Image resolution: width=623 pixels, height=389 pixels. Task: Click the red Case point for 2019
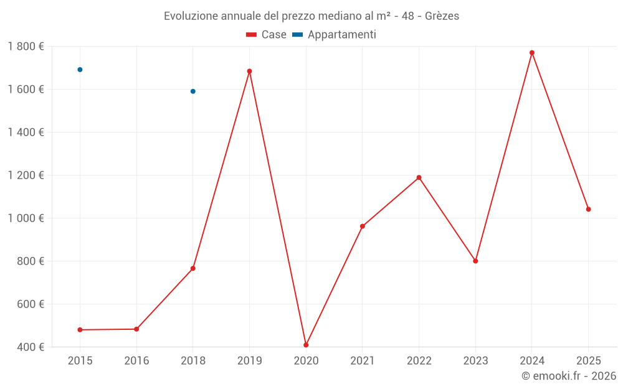(249, 71)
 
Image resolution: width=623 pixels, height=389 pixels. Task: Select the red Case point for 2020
(306, 345)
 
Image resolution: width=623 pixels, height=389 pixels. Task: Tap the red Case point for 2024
(532, 53)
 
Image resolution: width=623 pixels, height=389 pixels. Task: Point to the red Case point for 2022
(419, 177)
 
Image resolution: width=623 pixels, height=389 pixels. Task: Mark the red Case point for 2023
(475, 261)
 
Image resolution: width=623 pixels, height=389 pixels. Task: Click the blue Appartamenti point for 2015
(80, 70)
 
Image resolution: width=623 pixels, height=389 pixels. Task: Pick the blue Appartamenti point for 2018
(193, 91)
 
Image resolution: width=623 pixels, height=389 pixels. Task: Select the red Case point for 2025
(588, 209)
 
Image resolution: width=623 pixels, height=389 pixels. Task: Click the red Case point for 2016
(136, 329)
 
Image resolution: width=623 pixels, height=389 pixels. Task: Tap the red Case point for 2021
(363, 226)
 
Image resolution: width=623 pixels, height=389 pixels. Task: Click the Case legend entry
(267, 35)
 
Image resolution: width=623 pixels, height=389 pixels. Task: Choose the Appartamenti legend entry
(335, 35)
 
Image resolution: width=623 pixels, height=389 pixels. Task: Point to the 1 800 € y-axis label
(26, 47)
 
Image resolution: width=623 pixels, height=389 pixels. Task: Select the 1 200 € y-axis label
(26, 176)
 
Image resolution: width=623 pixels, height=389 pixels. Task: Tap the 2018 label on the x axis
(193, 360)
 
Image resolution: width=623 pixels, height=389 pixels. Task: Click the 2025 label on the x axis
(588, 360)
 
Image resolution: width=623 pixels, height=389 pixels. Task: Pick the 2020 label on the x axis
(306, 360)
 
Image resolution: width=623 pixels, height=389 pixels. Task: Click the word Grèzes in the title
(442, 16)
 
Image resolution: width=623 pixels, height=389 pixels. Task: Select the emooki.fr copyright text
(569, 376)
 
